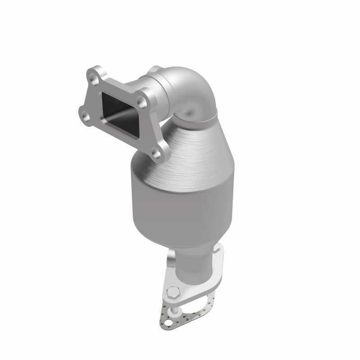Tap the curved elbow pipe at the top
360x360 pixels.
193,94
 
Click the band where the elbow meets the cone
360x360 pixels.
198,118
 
